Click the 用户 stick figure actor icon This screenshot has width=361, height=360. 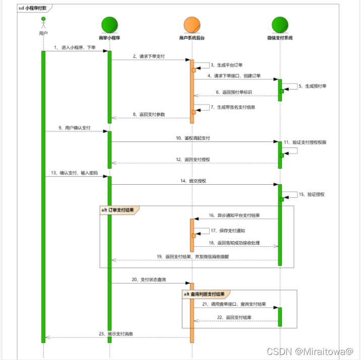(43, 23)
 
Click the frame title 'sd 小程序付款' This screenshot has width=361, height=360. (34, 9)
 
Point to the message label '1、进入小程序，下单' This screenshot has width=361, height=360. (75, 47)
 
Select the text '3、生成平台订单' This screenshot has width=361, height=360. (226, 65)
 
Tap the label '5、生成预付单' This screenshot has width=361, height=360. (313, 86)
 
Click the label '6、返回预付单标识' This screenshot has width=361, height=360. (234, 92)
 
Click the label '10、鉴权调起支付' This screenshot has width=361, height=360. (193, 138)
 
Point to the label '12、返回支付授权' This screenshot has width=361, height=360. (193, 159)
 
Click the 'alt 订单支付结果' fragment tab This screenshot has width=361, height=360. (118, 209)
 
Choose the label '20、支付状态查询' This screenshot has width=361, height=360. (149, 279)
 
